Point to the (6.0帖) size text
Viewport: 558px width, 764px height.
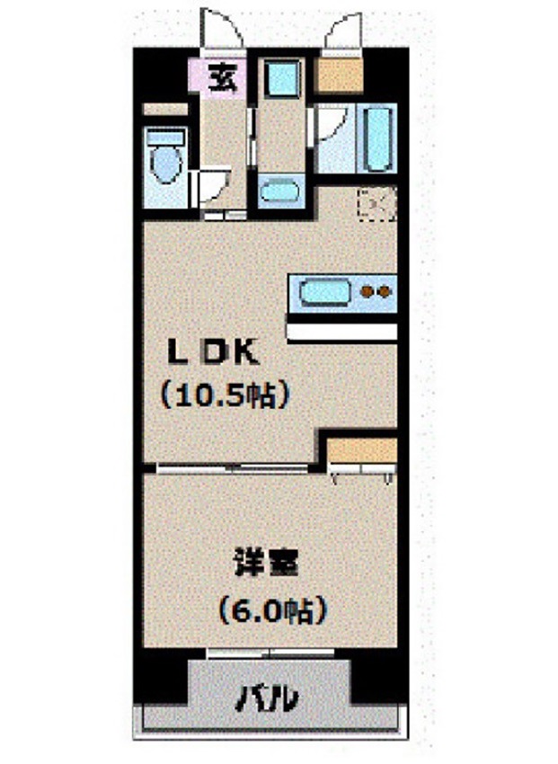coord(269,612)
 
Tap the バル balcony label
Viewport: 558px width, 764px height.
coord(267,697)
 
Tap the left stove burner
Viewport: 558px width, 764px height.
coord(368,291)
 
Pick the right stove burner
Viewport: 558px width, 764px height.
coord(384,291)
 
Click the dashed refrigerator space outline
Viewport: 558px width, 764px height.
coord(375,205)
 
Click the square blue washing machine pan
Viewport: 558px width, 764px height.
coord(281,82)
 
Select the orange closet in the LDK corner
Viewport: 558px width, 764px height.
coord(362,449)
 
